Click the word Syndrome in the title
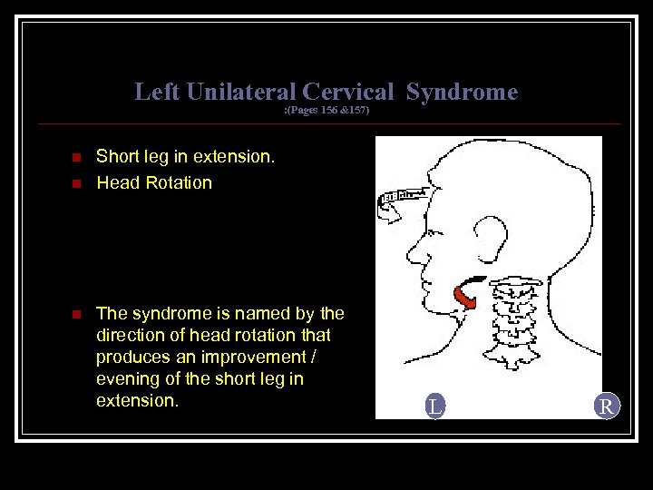pyautogui.click(x=462, y=92)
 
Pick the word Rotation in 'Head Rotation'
pyautogui.click(x=178, y=182)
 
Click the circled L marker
pyautogui.click(x=435, y=407)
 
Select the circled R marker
pyautogui.click(x=607, y=407)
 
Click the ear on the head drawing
pyautogui.click(x=492, y=238)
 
